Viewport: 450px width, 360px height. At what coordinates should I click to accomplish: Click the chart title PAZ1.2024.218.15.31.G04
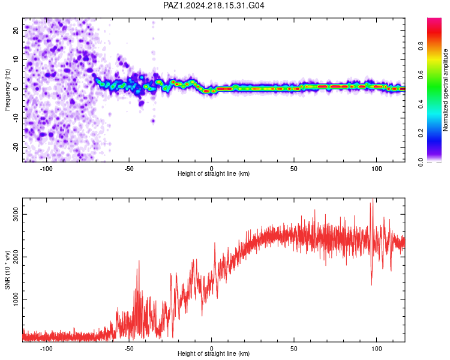click(214, 5)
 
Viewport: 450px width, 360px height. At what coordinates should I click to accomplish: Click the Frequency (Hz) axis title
click(7, 90)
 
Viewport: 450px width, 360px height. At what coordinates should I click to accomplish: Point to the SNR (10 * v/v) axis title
click(7, 270)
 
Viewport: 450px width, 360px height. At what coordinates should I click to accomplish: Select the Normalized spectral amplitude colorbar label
click(445, 90)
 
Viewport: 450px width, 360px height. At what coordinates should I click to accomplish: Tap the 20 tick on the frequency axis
click(16, 31)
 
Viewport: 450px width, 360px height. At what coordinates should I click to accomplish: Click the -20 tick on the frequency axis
click(16, 147)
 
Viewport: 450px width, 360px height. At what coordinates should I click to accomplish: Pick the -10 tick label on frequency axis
click(16, 118)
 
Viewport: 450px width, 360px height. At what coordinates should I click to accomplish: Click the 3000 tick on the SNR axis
click(16, 214)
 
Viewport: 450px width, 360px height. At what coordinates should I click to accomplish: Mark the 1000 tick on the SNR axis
click(16, 299)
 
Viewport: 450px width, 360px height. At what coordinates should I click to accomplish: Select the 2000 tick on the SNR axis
click(16, 257)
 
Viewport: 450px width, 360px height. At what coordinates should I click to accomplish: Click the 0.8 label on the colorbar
click(421, 46)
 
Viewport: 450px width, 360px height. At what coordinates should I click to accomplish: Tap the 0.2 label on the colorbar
click(421, 133)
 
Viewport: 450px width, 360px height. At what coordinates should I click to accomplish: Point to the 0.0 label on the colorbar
click(421, 162)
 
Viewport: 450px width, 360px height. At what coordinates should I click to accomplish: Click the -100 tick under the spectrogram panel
click(46, 169)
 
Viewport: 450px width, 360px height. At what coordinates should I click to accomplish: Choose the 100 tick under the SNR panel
click(377, 349)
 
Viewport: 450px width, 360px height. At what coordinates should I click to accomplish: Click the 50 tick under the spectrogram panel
click(294, 169)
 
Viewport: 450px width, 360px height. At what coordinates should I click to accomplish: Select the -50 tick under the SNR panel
click(129, 349)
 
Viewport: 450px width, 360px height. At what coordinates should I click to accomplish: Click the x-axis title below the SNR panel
click(214, 353)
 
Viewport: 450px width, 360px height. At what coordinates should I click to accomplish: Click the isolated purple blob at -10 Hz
click(153, 121)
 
